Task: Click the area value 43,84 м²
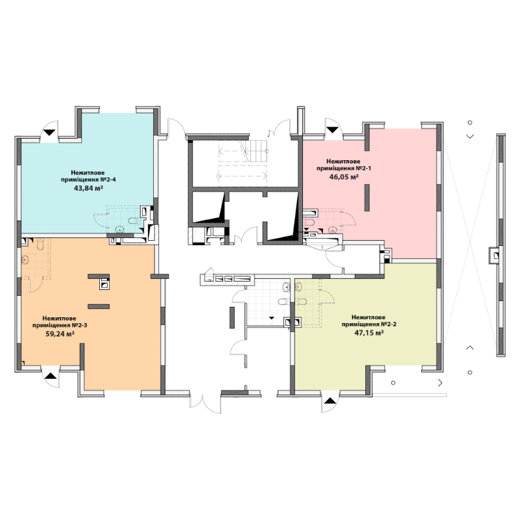pos(88,188)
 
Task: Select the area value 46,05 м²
pos(344,176)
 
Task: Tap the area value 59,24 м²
pos(60,333)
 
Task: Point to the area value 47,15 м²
pos(368,333)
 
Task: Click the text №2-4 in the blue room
pos(108,180)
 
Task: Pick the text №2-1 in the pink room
pos(363,168)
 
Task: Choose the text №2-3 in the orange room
pos(79,325)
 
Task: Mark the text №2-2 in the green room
pos(388,324)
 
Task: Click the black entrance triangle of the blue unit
pos(49,132)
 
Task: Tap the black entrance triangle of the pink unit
pos(332,130)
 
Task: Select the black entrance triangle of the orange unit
pos(51,376)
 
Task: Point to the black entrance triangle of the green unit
pos(330,401)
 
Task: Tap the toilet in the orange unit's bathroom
pos(40,245)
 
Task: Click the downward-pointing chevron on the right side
pos(470,136)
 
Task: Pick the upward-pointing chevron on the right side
pos(470,348)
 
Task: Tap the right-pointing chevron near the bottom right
pos(441,383)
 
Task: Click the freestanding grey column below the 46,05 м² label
pos(367,198)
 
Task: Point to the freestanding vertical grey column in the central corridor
pos(232,318)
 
